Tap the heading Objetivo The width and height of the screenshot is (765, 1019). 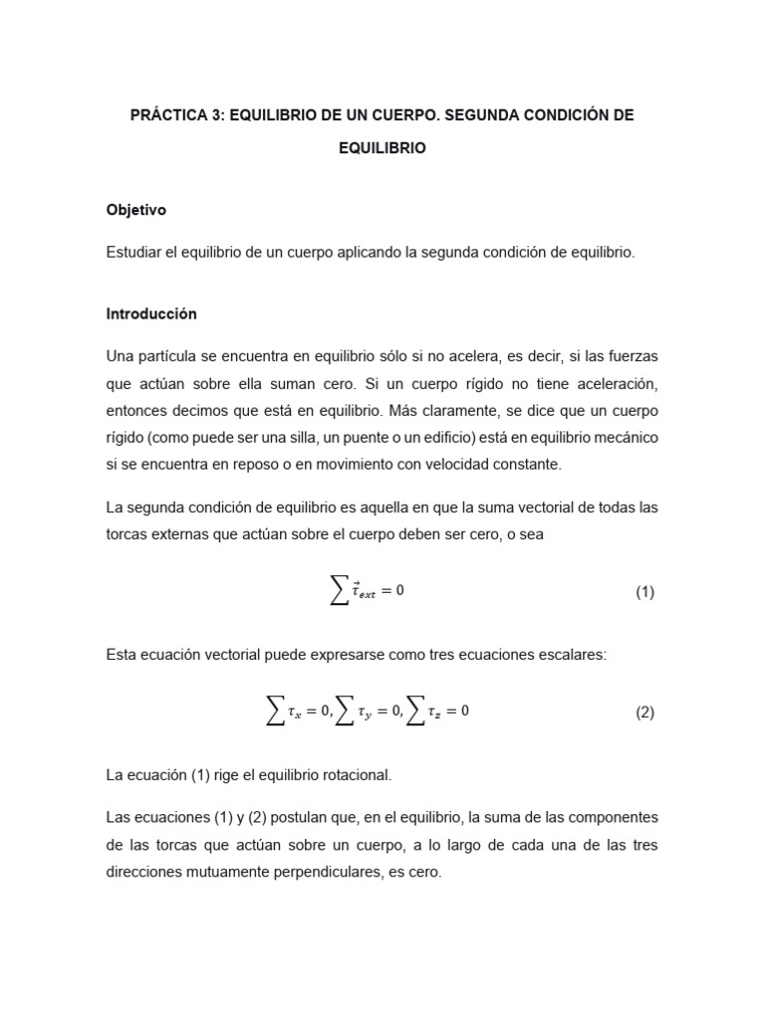pyautogui.click(x=136, y=210)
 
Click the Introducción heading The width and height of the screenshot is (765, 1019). pyautogui.click(x=151, y=313)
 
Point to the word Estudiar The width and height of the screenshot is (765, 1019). pyautogui.click(x=135, y=253)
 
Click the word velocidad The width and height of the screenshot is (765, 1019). pyautogui.click(x=440, y=464)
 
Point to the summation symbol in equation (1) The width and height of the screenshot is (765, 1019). pyautogui.click(x=340, y=591)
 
